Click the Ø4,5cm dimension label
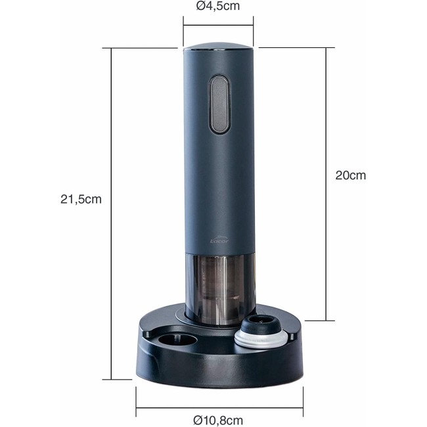(x=218, y=6)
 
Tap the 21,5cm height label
(x=81, y=199)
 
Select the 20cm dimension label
(x=351, y=175)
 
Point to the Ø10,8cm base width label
(x=218, y=420)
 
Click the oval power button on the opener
(x=219, y=104)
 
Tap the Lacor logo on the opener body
(x=219, y=240)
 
